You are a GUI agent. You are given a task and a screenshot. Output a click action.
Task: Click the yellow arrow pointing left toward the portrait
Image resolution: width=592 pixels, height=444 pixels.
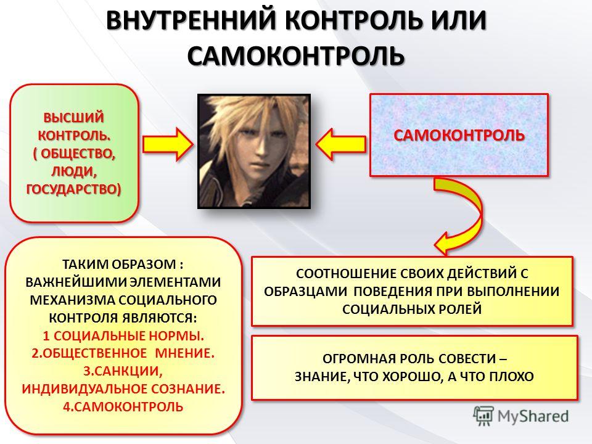pyautogui.click(x=340, y=144)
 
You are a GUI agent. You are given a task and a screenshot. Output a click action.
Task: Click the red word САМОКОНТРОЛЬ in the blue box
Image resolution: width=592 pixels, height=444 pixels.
pyautogui.click(x=459, y=135)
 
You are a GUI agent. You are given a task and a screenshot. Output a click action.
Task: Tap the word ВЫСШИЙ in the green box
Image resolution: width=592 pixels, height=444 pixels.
pyautogui.click(x=73, y=117)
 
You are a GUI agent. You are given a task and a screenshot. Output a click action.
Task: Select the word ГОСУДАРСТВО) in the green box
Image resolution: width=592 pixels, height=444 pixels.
pyautogui.click(x=73, y=189)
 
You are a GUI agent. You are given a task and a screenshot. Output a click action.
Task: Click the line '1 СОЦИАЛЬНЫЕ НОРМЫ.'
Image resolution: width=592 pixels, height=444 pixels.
pyautogui.click(x=123, y=335)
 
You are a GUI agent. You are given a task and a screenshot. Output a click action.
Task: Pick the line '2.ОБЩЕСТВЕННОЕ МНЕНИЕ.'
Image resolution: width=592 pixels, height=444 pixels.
pyautogui.click(x=123, y=353)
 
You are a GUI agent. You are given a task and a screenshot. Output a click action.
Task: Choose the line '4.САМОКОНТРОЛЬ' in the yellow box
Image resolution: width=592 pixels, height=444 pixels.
pyautogui.click(x=123, y=407)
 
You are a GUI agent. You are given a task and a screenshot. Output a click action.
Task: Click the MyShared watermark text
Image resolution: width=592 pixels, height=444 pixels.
pyautogui.click(x=533, y=416)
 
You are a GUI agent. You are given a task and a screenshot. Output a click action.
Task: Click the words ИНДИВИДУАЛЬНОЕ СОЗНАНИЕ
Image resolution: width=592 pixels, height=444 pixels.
pyautogui.click(x=123, y=389)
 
